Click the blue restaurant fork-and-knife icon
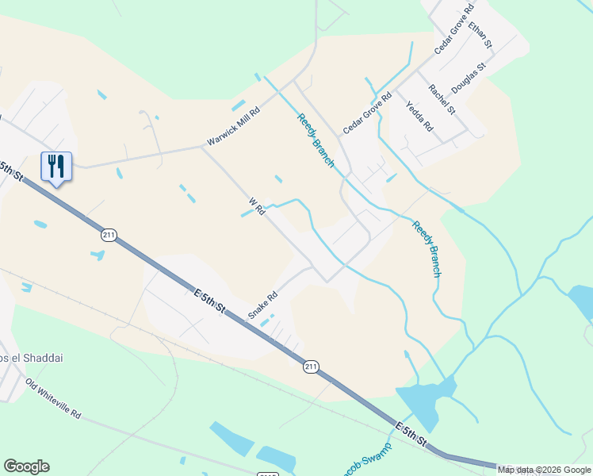point(55,167)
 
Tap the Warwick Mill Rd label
point(233,127)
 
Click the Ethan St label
point(480,34)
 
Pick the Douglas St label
point(468,79)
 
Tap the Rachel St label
point(442,99)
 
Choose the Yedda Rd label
point(419,116)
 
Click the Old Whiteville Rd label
point(53,398)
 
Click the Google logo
point(26,466)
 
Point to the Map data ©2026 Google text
point(545,470)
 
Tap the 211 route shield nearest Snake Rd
point(311,367)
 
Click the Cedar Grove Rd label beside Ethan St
point(453,29)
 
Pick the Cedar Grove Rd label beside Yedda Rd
point(367,113)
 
